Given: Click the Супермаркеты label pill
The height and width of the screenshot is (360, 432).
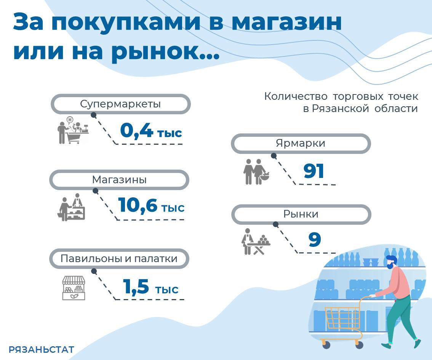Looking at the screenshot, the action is click(121, 104).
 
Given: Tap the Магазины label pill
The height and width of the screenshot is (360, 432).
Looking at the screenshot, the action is click(119, 179).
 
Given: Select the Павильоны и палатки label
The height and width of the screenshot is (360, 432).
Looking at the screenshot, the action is click(119, 259).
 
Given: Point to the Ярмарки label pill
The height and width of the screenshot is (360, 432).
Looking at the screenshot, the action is click(301, 144).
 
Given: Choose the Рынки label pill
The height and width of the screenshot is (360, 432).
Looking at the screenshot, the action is click(301, 214).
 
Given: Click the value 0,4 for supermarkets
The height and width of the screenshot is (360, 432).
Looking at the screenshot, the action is click(136, 130).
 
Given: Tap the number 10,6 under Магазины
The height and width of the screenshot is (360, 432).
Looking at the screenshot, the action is click(138, 205).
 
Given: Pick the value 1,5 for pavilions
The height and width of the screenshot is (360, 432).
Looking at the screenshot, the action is click(136, 286).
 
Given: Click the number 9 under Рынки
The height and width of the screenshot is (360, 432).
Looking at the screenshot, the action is click(315, 239).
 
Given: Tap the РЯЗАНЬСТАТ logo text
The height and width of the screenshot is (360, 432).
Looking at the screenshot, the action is click(41, 350).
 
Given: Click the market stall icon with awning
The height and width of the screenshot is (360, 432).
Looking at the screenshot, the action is click(74, 288).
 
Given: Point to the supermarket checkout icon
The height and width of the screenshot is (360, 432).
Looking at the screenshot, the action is click(73, 130).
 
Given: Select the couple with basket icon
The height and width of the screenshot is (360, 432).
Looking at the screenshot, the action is click(256, 171).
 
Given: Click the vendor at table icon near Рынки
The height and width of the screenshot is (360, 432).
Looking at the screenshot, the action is click(256, 242).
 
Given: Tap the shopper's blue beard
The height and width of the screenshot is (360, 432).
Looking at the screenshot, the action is click(389, 266).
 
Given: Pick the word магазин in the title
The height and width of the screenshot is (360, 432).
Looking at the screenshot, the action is click(286, 22).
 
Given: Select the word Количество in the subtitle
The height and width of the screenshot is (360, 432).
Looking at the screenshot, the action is click(296, 96).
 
